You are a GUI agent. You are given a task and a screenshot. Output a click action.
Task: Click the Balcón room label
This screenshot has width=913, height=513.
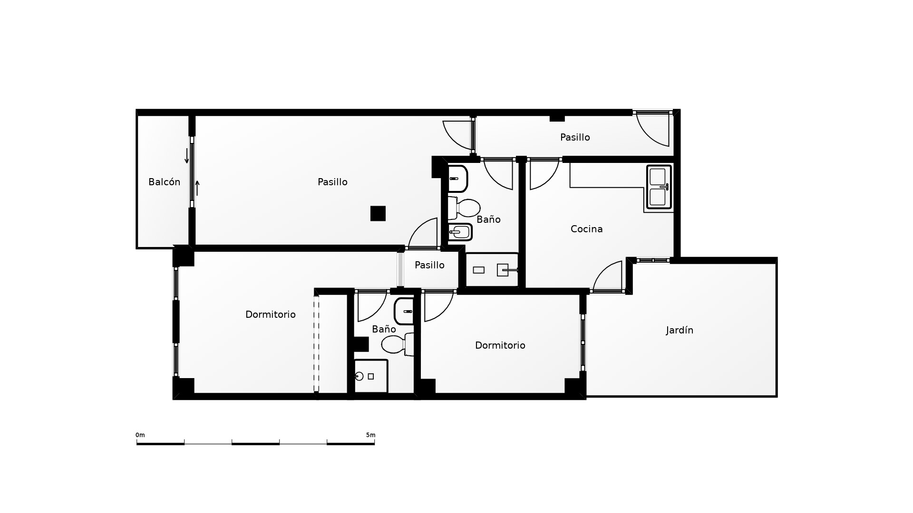164,182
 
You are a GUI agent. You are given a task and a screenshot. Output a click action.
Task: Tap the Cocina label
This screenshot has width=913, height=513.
586,229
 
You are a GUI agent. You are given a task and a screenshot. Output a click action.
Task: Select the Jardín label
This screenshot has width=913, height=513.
680,330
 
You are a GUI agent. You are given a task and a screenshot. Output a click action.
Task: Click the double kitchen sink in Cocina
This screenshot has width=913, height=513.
659,187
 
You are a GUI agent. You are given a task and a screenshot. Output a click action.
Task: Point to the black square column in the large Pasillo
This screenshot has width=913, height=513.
378,213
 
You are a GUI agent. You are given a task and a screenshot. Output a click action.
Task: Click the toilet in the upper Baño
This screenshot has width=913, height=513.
464,208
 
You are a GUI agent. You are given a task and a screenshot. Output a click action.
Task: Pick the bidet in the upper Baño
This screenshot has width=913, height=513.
460,232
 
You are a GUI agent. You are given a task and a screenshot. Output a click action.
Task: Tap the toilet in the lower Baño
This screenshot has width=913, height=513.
397,344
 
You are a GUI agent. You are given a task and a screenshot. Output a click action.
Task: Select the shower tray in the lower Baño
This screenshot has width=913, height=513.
371,376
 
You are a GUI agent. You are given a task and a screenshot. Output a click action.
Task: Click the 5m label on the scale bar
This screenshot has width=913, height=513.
370,435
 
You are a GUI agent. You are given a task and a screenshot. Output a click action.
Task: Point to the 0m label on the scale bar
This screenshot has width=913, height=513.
140,435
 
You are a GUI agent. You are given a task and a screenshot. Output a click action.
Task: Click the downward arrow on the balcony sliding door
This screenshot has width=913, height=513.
187,156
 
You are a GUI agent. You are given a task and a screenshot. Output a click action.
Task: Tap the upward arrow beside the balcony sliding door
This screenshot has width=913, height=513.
197,188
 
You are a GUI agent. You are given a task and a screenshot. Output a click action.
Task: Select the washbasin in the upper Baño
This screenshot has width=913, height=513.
458,179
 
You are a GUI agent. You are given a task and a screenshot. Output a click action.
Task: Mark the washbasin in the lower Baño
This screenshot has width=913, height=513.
404,311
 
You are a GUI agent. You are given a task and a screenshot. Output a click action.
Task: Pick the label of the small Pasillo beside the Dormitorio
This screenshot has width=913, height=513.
429,265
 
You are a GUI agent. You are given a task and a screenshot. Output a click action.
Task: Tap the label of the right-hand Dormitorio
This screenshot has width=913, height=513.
500,345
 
